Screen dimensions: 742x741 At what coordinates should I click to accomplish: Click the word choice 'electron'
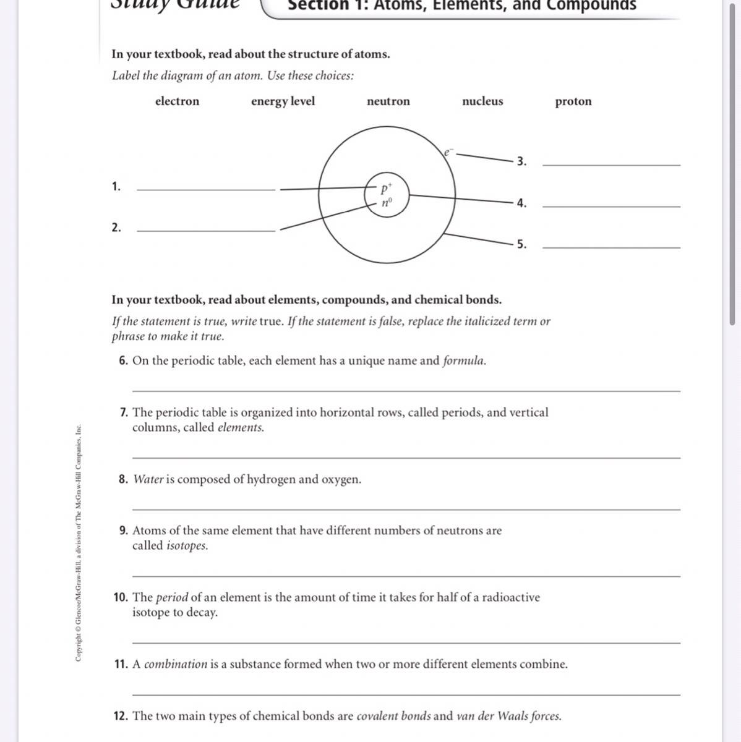point(177,101)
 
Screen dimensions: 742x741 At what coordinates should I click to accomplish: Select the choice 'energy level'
point(283,101)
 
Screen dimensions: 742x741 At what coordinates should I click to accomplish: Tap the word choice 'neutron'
point(388,101)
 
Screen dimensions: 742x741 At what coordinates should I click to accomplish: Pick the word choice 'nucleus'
point(482,101)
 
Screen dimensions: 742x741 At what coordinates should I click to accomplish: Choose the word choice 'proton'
point(573,101)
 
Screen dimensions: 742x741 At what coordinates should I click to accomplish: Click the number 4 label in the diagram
point(521,203)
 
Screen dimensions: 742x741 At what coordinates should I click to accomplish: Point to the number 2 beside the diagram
point(116,228)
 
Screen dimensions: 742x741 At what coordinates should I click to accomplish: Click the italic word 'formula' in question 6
point(464,360)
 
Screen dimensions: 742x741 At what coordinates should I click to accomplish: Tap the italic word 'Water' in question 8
point(148,479)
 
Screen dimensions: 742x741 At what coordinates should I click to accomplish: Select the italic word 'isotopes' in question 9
point(187,546)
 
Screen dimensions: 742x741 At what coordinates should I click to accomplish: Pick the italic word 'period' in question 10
point(171,597)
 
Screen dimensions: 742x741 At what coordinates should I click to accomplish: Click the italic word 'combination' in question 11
point(176,664)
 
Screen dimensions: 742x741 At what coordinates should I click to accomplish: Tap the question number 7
point(124,412)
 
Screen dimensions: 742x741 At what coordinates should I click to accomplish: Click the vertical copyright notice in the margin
point(79,542)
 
